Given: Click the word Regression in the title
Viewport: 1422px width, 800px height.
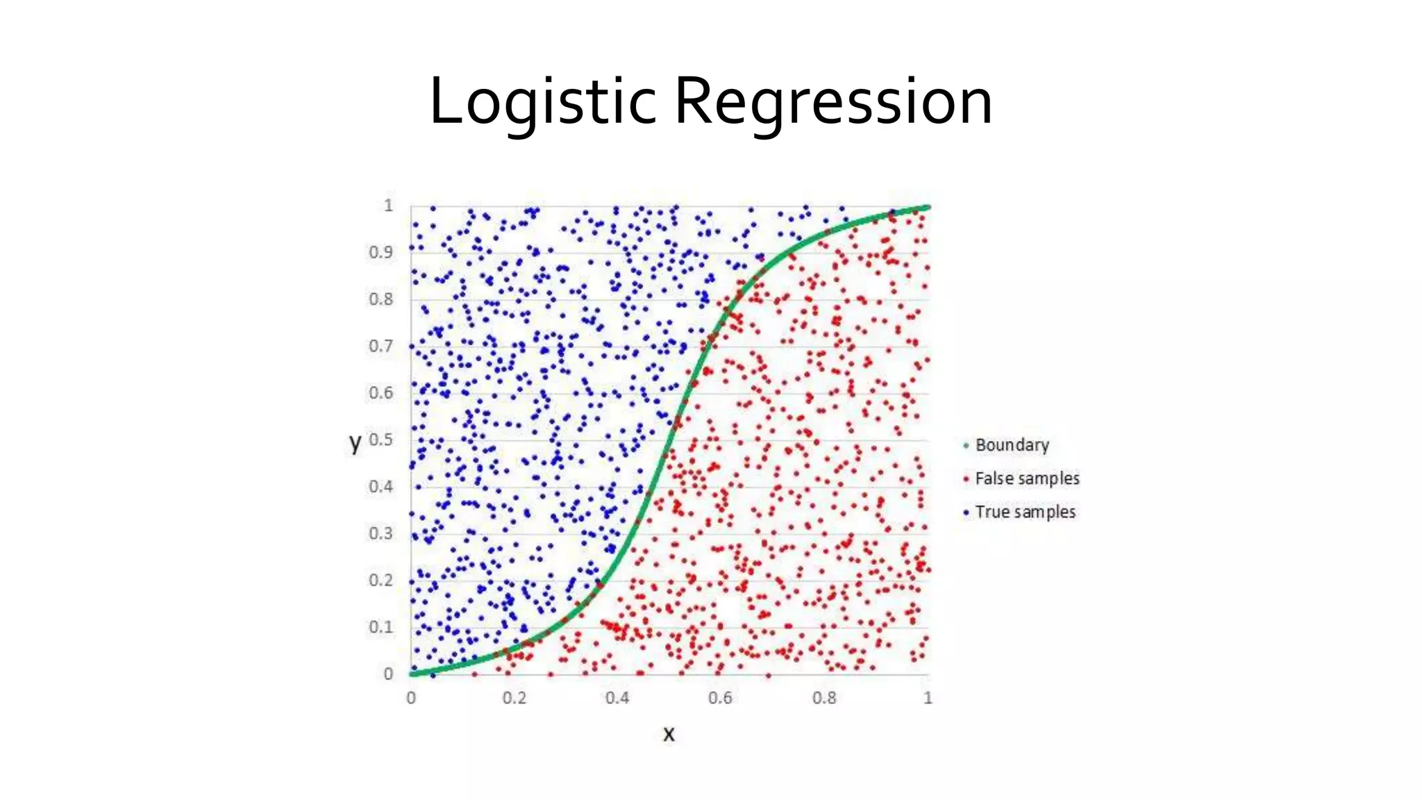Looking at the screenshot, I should pos(833,101).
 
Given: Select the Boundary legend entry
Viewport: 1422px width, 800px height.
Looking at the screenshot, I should pos(1012,445).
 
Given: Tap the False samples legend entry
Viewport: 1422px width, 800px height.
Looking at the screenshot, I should pos(1027,478).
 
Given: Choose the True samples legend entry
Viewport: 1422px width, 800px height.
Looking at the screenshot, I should pos(1025,512).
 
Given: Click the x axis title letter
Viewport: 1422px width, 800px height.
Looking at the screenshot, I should pos(669,733).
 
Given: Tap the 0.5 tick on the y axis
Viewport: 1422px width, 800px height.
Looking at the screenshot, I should pos(380,440).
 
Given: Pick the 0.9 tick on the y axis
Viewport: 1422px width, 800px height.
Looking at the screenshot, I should pos(380,252).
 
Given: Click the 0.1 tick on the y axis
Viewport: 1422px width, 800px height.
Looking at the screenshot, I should pos(380,627).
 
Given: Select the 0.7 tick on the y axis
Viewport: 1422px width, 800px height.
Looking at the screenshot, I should pos(380,346).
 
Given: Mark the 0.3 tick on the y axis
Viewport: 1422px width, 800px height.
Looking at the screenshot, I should pos(380,533).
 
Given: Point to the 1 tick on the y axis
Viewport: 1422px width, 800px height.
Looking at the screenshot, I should pos(388,206).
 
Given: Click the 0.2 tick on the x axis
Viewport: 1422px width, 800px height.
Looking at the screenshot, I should pos(515,698).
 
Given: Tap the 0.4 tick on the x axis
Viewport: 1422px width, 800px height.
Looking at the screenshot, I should pos(617,698).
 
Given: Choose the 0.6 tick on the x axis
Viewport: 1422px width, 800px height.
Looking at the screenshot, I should pos(720,698).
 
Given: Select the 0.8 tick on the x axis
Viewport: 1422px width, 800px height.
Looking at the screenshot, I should pos(824,698).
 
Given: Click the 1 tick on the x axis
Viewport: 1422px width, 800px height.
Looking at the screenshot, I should pos(928,698).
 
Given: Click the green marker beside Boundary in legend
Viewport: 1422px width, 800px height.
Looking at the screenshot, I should pos(966,446).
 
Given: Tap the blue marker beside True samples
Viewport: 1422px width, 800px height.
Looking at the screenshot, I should pos(966,512).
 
